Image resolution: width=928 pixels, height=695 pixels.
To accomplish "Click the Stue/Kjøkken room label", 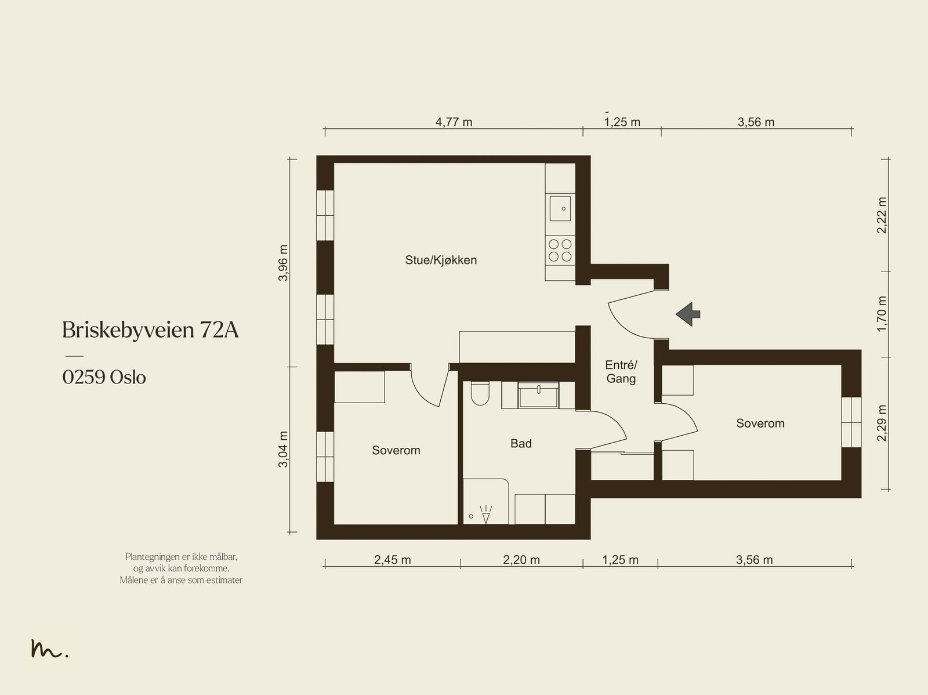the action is point(441,260).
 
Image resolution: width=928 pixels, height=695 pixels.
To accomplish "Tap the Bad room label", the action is point(521,443).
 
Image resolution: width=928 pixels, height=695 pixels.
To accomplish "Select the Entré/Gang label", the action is point(621,372).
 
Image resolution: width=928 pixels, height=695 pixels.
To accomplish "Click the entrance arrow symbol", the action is point(688,314).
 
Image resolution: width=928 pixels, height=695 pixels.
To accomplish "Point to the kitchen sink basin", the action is point(560,208).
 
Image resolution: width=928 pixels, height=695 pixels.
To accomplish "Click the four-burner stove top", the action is point(560,250).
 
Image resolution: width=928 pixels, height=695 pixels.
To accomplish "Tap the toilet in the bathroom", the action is point(480,393).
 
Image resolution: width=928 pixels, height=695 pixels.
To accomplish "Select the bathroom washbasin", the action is point(538,395).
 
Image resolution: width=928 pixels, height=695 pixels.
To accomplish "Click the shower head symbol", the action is point(486,515).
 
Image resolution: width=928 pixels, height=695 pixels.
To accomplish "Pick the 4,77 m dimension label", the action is point(454,122).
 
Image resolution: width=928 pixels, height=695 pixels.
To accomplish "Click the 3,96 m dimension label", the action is point(283,263).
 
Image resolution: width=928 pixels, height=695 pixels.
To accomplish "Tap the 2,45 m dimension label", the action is point(392,560).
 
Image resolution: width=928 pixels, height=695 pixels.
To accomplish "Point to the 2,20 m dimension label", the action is point(521,560).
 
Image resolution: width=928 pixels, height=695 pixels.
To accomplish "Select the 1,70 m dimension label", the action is point(882,314).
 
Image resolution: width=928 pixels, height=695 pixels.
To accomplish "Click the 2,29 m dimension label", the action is point(882,423).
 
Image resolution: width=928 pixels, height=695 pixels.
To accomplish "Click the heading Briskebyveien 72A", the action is point(150,330).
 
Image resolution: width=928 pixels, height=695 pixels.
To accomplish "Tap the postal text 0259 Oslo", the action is point(104,377).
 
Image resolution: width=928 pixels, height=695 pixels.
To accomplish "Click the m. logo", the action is point(49,648).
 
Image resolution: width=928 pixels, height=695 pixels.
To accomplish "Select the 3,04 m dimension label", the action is point(283,450).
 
